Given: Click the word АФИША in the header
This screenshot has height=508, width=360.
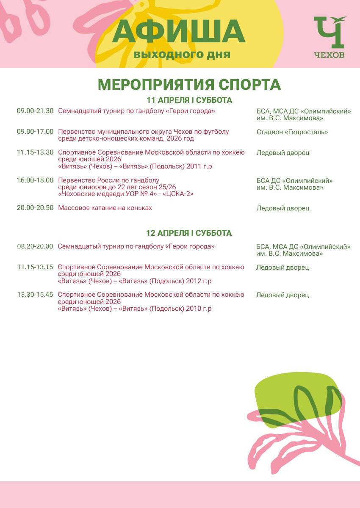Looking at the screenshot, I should pyautogui.click(x=179, y=32).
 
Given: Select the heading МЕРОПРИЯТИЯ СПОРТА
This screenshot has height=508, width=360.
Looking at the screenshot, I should pyautogui.click(x=189, y=85).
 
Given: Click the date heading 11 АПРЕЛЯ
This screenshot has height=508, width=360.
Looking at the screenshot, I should pyautogui.click(x=189, y=101).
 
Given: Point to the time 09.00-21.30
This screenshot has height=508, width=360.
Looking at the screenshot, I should pyautogui.click(x=35, y=111).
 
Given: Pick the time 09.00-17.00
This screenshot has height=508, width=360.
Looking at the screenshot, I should pyautogui.click(x=35, y=132).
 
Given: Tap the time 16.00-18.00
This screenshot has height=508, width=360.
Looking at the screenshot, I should pyautogui.click(x=35, y=180).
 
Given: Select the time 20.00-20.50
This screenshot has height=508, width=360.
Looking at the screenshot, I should pyautogui.click(x=35, y=208).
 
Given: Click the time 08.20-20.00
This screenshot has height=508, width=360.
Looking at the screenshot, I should pyautogui.click(x=35, y=246).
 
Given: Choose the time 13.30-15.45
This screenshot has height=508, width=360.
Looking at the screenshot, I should pyautogui.click(x=35, y=295).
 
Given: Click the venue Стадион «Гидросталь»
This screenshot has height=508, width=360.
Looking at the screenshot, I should pyautogui.click(x=292, y=132).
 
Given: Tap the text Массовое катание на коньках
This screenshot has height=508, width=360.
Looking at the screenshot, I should pyautogui.click(x=105, y=208).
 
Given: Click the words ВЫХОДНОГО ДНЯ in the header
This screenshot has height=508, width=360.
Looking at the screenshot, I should pyautogui.click(x=182, y=55).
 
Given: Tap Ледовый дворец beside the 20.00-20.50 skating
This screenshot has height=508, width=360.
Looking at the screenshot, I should pyautogui.click(x=282, y=208).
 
